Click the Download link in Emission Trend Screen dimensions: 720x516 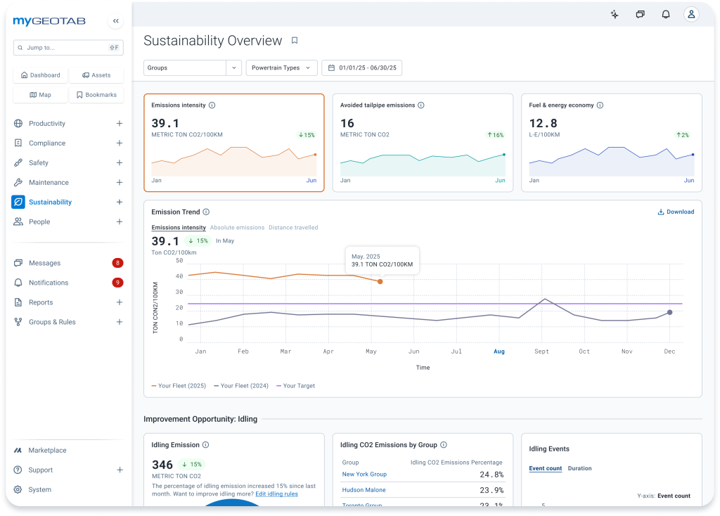coord(676,212)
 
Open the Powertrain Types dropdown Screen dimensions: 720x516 coord(281,68)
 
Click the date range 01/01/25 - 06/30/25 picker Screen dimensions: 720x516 coord(362,68)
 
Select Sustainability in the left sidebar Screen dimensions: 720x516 coord(50,202)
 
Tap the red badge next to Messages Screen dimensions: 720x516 coord(117,263)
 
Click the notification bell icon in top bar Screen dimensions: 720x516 coord(666,14)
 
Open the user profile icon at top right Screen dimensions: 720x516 coord(691,14)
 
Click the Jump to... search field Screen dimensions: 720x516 coord(68,48)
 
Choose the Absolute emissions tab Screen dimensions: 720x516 coord(237,228)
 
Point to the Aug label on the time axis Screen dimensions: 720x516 coord(499,351)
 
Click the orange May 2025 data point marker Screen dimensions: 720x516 coord(380,281)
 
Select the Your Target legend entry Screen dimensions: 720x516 coord(296,386)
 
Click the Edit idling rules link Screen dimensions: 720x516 coord(276,494)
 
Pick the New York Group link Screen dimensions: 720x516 coord(364,475)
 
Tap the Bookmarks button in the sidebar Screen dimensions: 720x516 coord(96,95)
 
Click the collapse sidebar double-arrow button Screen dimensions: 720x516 coord(116,21)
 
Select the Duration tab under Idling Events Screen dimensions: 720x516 coord(579,468)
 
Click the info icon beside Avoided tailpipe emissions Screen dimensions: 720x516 coord(421,105)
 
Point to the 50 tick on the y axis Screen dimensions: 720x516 coord(179,261)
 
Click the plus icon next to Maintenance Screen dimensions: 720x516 coord(120,182)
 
